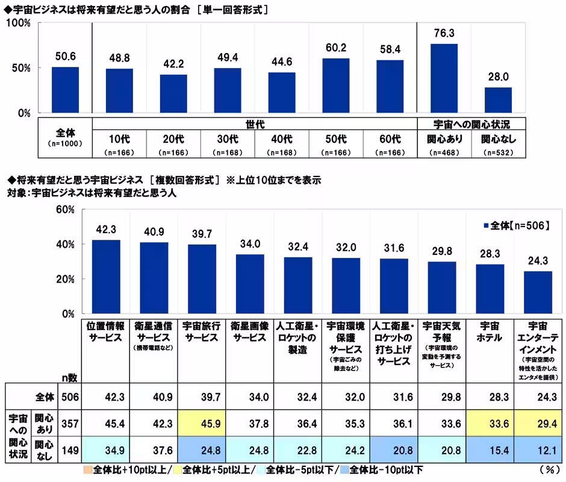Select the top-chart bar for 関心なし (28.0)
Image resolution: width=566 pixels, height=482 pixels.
click(498, 100)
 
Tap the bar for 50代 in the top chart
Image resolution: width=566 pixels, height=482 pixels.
click(335, 86)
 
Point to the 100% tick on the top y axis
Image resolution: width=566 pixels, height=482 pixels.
click(19, 23)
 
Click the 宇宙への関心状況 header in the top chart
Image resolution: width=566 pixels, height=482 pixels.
click(471, 124)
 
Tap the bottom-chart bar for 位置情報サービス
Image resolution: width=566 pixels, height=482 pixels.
click(105, 277)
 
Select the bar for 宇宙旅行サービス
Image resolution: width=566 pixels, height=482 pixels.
click(202, 279)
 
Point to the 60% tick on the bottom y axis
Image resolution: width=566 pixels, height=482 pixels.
click(64, 210)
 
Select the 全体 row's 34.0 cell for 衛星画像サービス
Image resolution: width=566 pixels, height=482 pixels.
click(250, 396)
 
